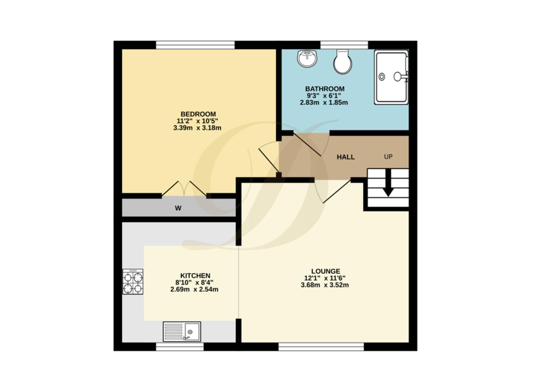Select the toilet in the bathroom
click(x=343, y=62)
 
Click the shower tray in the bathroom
click(x=391, y=77)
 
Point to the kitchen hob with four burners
click(x=133, y=282)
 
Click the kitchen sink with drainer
click(x=182, y=331)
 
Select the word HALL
click(x=345, y=157)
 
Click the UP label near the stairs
click(x=388, y=157)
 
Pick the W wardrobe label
click(x=178, y=208)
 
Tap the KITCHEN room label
click(x=195, y=276)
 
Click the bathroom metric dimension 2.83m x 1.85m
click(x=324, y=103)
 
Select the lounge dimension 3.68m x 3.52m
click(x=324, y=285)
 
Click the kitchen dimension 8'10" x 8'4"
click(x=194, y=282)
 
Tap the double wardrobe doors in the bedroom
click(x=184, y=189)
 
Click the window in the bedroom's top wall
click(x=195, y=45)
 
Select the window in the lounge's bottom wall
click(x=321, y=347)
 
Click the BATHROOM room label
click(x=324, y=89)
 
